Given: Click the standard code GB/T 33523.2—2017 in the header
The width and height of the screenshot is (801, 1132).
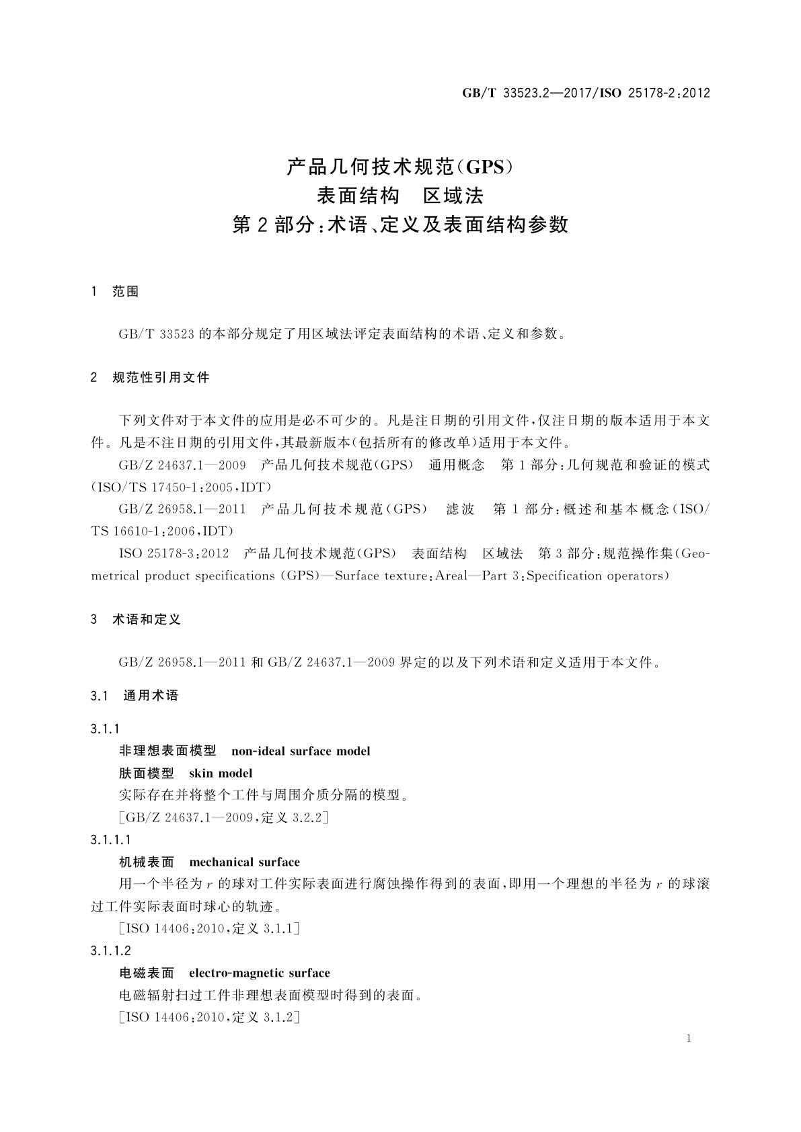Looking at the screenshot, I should click(x=524, y=93).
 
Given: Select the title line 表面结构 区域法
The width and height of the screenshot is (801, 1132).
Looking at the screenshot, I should click(x=400, y=196).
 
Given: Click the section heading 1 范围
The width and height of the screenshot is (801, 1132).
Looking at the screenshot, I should click(x=115, y=292).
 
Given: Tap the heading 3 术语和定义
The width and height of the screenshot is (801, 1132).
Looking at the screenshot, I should click(x=136, y=620).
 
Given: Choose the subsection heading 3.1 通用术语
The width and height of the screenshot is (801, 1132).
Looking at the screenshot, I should click(x=135, y=696).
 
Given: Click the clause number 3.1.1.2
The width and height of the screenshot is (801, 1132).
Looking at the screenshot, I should click(x=111, y=951).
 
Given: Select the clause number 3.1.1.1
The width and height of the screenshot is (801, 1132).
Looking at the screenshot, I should click(x=111, y=840).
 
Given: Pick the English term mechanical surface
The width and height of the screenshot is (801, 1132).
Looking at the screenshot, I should click(x=245, y=862).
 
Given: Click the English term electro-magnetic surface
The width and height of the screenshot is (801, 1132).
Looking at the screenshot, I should click(x=260, y=973).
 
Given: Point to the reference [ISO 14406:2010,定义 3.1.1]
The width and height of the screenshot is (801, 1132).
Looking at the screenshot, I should click(x=208, y=929).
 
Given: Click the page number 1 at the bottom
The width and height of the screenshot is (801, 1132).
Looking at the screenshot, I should click(x=689, y=1039).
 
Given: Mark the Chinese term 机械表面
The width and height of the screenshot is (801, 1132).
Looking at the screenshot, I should click(x=147, y=862).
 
